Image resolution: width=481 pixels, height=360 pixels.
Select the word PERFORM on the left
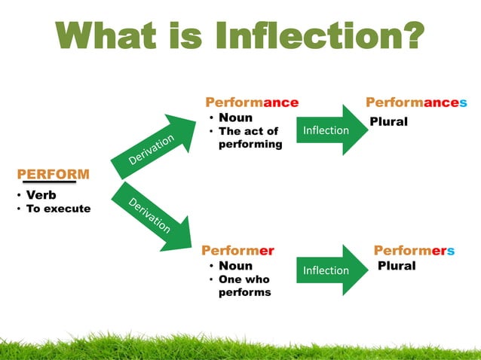click(53, 175)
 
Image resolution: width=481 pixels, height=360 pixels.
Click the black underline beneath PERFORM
click(49, 182)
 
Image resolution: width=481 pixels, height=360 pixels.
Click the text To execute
click(58, 209)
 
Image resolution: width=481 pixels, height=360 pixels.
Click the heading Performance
click(252, 102)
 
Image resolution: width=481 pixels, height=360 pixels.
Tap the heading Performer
click(237, 251)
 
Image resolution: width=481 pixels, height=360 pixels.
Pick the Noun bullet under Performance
click(235, 117)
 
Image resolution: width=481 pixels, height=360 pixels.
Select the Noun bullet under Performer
click(235, 266)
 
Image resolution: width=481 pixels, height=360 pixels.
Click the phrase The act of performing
click(249, 138)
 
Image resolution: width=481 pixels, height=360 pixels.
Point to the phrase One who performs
click(244, 286)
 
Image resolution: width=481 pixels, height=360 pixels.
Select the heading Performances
click(416, 102)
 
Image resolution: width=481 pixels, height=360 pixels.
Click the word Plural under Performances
click(388, 122)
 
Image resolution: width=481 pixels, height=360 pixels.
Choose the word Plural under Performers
click(397, 266)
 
